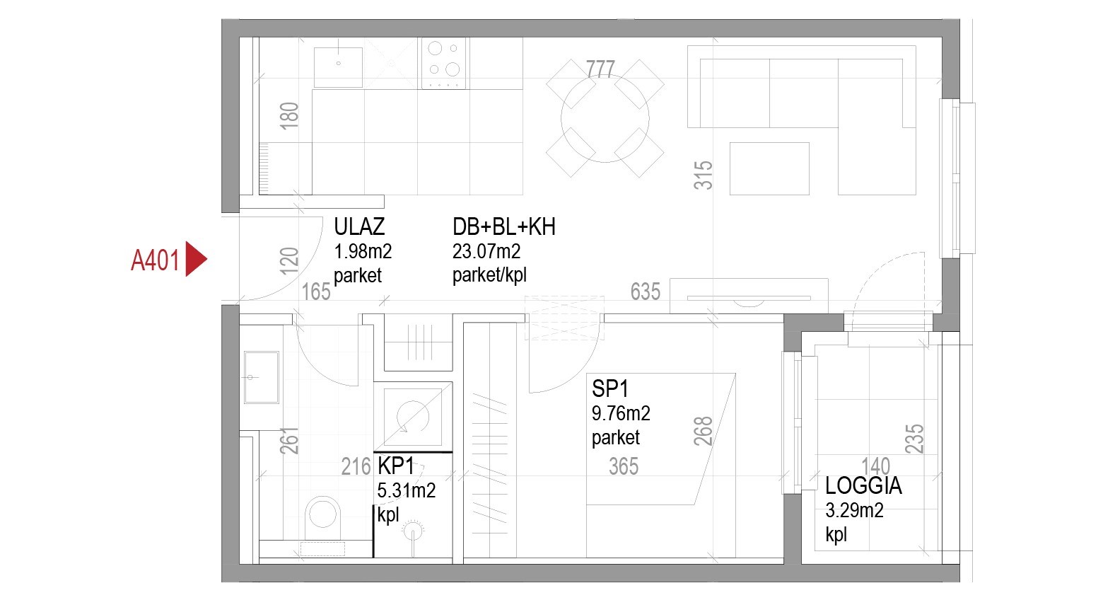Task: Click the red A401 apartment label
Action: [155, 260]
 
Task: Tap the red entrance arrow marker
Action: [195, 259]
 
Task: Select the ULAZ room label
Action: [359, 226]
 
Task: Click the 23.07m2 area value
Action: [486, 251]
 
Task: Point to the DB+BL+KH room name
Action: [503, 226]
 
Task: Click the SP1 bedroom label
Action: [609, 388]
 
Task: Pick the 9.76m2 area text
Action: [621, 413]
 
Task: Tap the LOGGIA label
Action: [863, 485]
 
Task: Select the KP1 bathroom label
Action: [395, 466]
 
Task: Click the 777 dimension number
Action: [600, 69]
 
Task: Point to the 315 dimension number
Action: [703, 175]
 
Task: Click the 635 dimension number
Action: [645, 292]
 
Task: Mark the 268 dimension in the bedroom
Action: [703, 431]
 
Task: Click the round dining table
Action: [605, 118]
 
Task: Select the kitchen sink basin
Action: [338, 67]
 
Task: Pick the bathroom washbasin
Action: [262, 377]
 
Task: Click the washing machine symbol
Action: [413, 417]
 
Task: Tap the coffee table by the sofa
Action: [769, 169]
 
